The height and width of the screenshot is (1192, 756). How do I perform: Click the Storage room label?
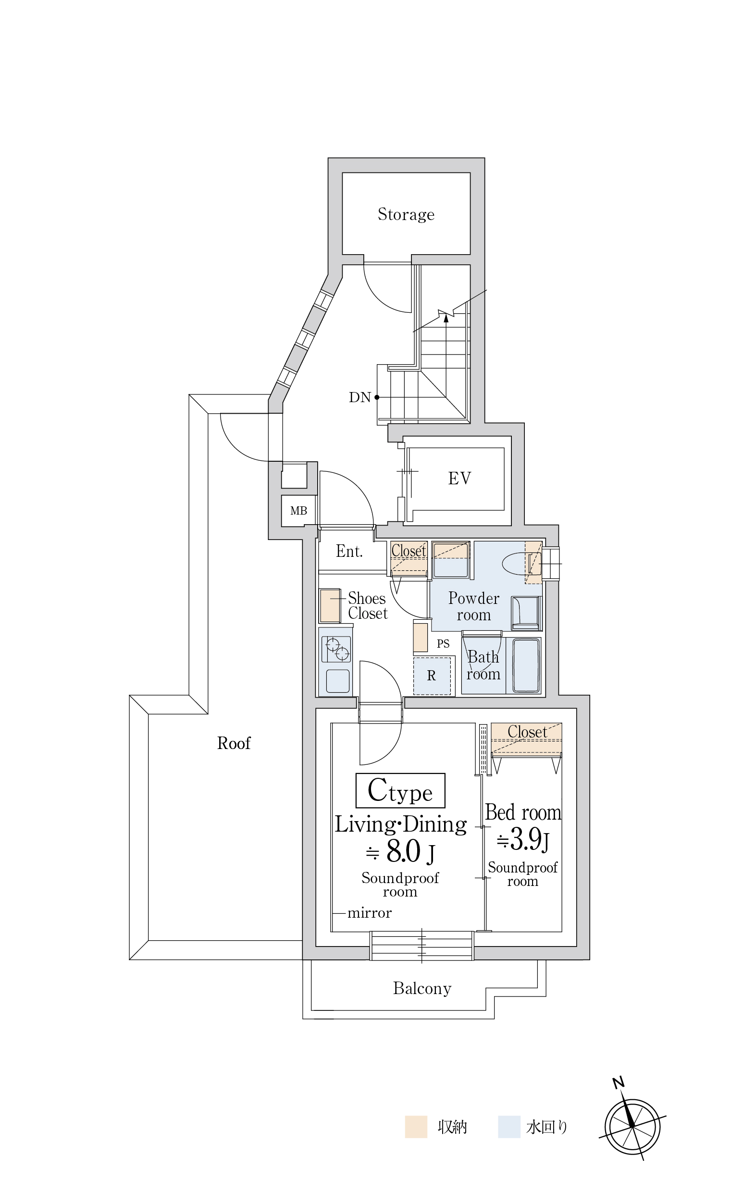(x=406, y=214)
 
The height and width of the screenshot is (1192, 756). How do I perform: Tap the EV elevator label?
(x=459, y=478)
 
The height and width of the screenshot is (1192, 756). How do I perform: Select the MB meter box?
(x=298, y=510)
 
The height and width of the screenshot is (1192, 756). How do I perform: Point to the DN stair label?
(x=360, y=397)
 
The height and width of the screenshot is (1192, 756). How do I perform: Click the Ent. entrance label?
(x=349, y=551)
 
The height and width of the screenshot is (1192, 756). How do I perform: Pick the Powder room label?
(x=474, y=606)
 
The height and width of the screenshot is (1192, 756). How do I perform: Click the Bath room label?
(x=483, y=665)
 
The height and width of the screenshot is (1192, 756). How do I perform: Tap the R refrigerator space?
(x=432, y=676)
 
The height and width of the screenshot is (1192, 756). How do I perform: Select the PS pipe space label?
(x=443, y=643)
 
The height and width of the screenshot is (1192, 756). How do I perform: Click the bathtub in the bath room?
(x=526, y=665)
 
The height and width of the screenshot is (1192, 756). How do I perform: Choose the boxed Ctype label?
(x=400, y=790)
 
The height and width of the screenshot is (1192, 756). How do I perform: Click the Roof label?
(x=234, y=743)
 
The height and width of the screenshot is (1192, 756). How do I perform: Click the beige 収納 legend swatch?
(x=416, y=1127)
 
